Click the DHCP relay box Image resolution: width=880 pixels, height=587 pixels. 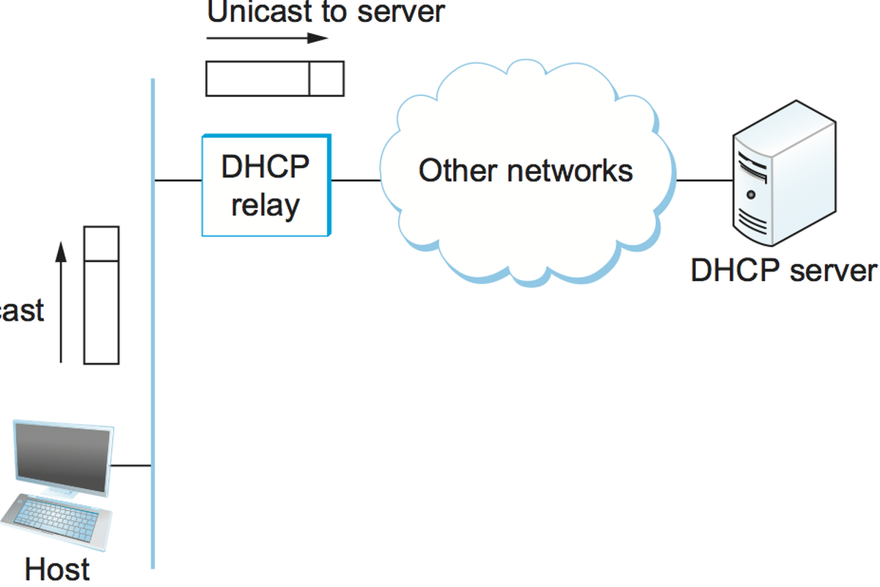click(266, 185)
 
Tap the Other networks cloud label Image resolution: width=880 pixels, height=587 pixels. click(525, 171)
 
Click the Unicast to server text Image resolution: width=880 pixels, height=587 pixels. click(326, 12)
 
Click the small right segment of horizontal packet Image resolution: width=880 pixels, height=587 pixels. click(326, 79)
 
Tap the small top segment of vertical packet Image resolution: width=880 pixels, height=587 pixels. click(101, 244)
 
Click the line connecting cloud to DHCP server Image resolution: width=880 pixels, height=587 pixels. click(704, 180)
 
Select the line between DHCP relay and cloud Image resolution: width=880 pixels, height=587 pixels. click(356, 180)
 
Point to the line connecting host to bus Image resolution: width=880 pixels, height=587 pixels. click(132, 465)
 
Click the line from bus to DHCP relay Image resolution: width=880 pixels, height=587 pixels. click(178, 180)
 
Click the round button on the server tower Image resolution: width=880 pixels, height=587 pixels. click(750, 195)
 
